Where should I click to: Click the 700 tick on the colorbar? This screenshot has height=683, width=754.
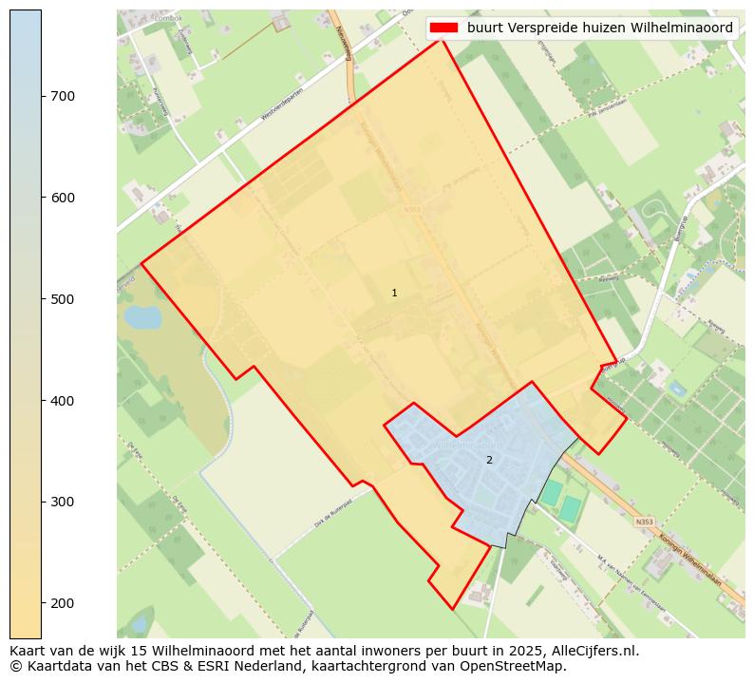63,96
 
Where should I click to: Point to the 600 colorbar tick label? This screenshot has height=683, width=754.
63,198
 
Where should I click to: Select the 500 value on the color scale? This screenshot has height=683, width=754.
63,299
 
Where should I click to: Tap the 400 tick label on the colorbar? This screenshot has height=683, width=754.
63,401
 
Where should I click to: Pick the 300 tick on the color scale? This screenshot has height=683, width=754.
63,502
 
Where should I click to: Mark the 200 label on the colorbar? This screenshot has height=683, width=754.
63,603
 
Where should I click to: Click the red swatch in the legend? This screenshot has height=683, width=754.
443,28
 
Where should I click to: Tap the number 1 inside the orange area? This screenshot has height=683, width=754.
394,293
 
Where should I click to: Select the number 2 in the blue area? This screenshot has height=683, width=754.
489,460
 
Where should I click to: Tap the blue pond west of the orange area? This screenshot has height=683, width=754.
142,317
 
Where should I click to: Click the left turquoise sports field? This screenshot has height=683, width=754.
551,493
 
